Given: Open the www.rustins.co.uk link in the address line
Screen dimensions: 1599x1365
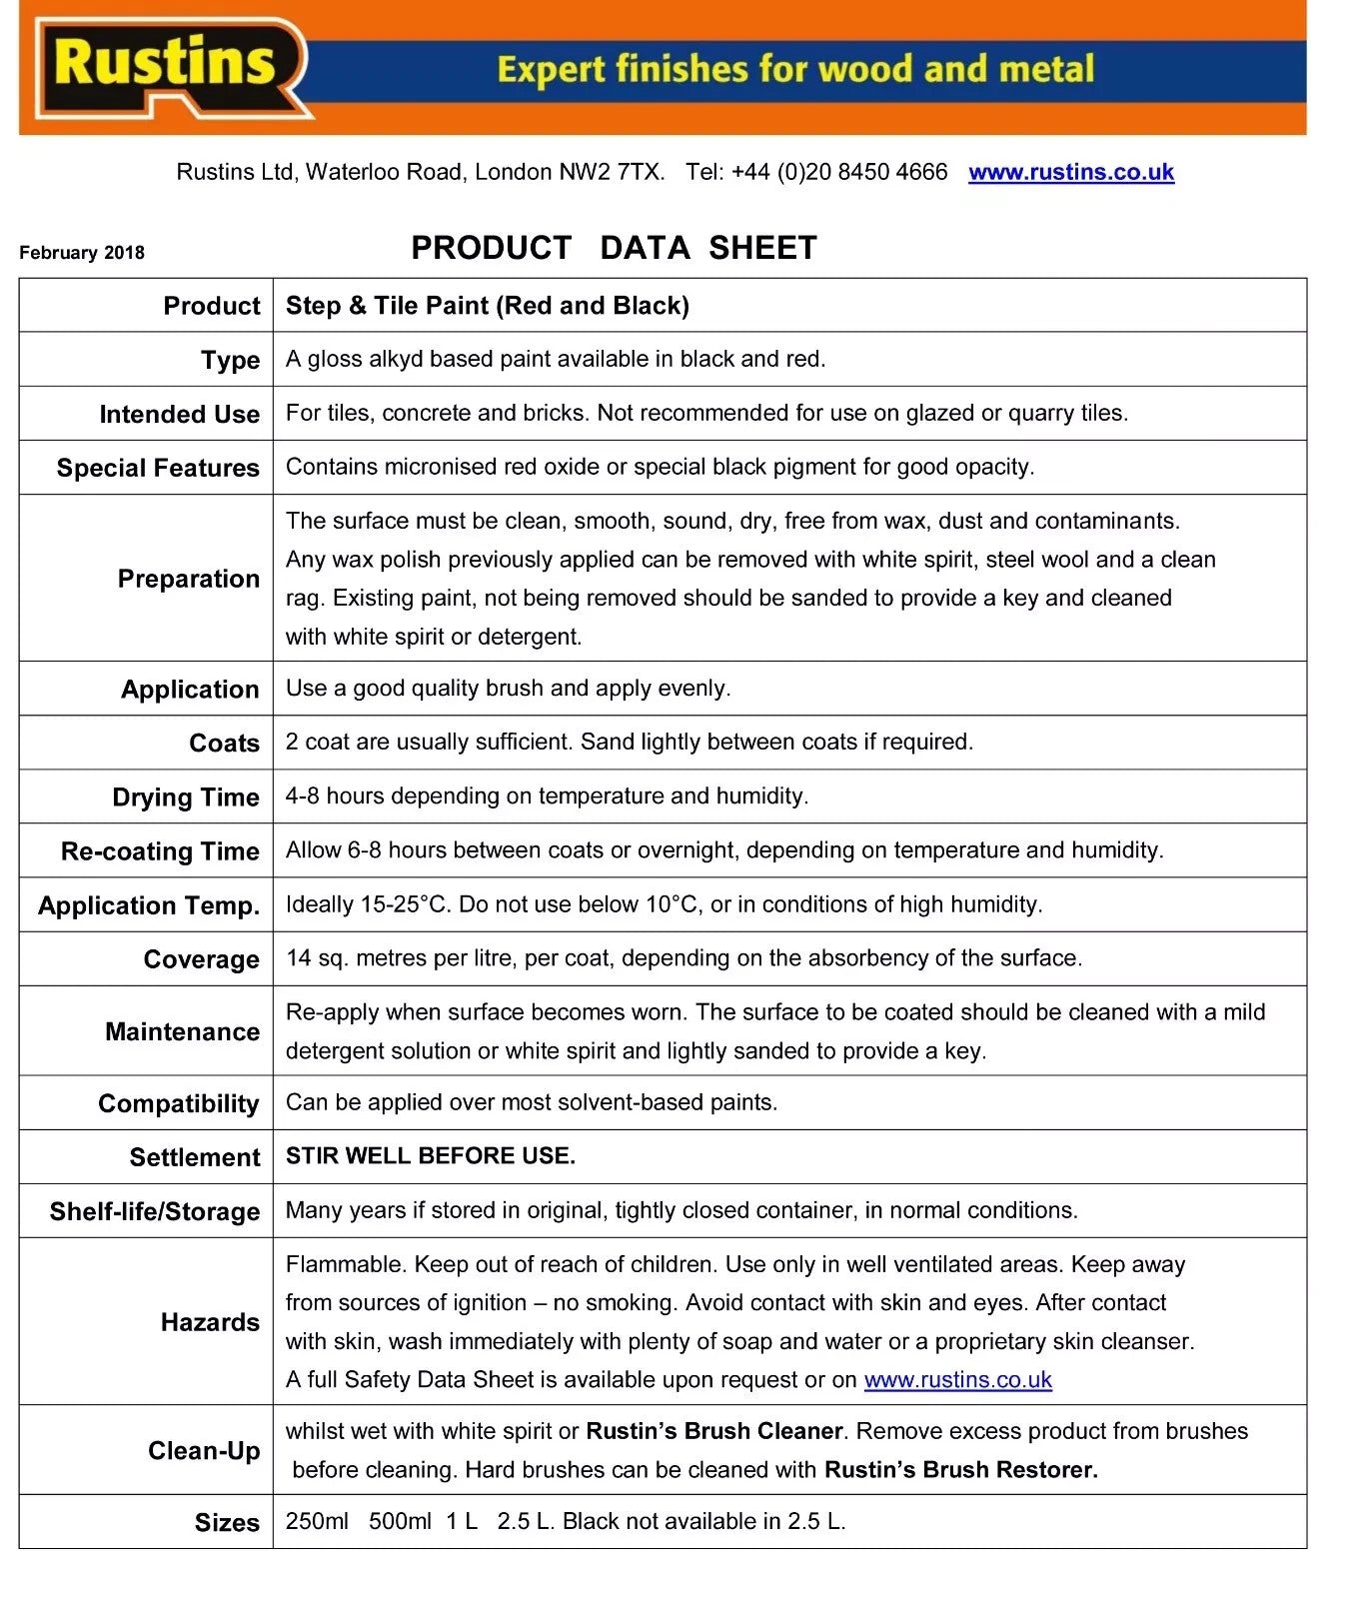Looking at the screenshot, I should pyautogui.click(x=1070, y=172).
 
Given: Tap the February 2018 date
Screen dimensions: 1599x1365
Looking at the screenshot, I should pyautogui.click(x=82, y=253).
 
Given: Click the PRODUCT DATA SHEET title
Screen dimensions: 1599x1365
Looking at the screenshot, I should pyautogui.click(x=614, y=248).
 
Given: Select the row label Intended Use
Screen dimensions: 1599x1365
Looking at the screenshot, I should pyautogui.click(x=179, y=414).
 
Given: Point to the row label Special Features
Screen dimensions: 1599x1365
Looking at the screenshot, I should pyautogui.click(x=158, y=468).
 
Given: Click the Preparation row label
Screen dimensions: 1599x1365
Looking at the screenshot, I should pyautogui.click(x=188, y=579).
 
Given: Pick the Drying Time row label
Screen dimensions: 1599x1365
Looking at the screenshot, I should pyautogui.click(x=185, y=798).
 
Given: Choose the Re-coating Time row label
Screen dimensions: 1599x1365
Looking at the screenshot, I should pyautogui.click(x=160, y=851).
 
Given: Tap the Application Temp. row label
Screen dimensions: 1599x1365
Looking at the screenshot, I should pyautogui.click(x=148, y=905).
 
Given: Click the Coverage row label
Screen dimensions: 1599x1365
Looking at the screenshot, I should pyautogui.click(x=201, y=959).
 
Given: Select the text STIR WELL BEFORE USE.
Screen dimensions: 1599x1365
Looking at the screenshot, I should pyautogui.click(x=430, y=1156).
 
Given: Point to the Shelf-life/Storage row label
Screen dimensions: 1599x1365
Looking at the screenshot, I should pyautogui.click(x=154, y=1211).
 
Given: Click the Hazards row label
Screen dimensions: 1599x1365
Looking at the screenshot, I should pyautogui.click(x=210, y=1322).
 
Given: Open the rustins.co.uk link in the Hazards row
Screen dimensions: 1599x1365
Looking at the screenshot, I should pyautogui.click(x=957, y=1380).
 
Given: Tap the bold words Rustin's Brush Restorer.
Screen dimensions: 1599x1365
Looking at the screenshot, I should pyautogui.click(x=960, y=1470).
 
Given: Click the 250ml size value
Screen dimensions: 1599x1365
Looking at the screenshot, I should pyautogui.click(x=317, y=1522).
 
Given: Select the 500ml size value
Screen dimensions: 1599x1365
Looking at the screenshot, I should pyautogui.click(x=400, y=1522).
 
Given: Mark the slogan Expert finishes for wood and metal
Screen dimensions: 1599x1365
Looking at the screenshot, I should pyautogui.click(x=795, y=69).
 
